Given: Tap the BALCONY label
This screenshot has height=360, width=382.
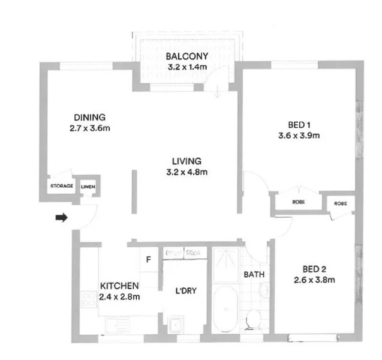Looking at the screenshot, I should click(x=187, y=57).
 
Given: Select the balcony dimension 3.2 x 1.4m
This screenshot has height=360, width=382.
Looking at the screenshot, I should click(x=187, y=67).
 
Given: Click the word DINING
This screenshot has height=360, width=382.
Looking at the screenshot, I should click(x=89, y=117).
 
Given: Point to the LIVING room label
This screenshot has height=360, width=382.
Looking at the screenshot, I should click(x=186, y=161).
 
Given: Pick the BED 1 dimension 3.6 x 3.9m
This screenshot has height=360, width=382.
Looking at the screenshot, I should click(x=298, y=136).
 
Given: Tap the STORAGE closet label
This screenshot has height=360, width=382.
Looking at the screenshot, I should click(x=62, y=187).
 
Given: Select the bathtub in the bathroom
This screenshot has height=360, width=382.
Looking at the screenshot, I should click(x=226, y=310).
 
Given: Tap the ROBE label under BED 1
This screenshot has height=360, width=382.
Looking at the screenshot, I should click(x=298, y=203).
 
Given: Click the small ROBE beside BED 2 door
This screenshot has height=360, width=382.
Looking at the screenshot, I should click(x=340, y=203).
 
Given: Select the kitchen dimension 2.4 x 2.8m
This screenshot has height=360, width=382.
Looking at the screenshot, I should click(x=120, y=296).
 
